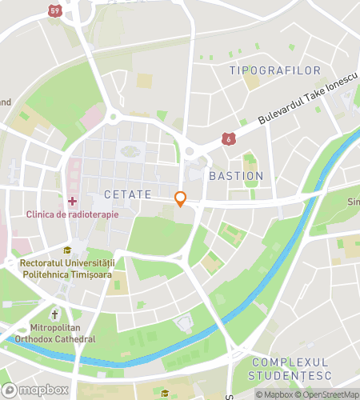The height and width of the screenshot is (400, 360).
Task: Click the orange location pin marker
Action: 181,200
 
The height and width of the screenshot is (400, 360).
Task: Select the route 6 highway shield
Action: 230,139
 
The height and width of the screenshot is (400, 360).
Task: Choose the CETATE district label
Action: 126,195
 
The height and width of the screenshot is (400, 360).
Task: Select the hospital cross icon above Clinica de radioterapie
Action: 73,200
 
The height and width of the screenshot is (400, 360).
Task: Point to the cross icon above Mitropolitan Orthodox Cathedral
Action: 54,314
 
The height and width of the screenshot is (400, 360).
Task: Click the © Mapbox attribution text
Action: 274,394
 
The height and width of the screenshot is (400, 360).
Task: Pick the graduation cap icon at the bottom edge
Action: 165,393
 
